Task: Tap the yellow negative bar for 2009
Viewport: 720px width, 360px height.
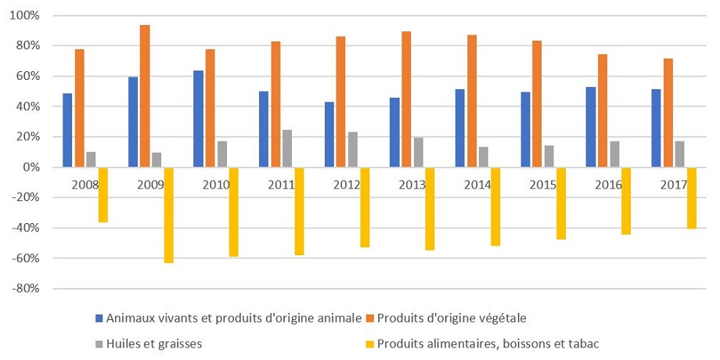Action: (x=168, y=214)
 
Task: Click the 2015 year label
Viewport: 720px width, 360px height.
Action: (x=543, y=185)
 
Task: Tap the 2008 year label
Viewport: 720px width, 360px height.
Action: (x=85, y=185)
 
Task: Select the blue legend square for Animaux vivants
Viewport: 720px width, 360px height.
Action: (x=99, y=318)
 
